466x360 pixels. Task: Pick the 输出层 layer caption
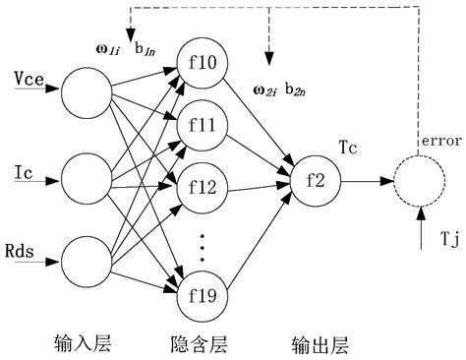coord(320,344)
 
